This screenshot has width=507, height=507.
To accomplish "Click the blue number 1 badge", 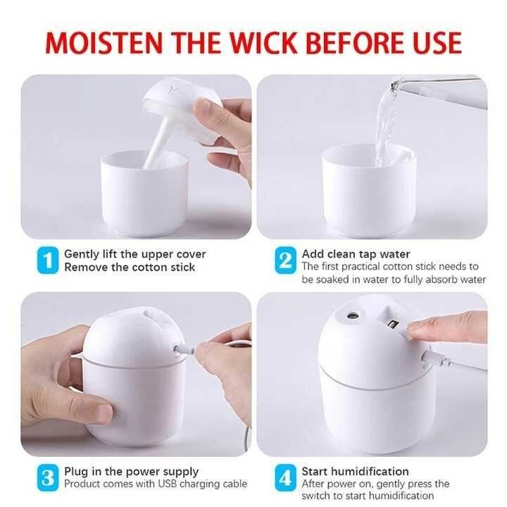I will (x=47, y=261).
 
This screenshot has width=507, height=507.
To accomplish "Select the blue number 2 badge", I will (x=285, y=261).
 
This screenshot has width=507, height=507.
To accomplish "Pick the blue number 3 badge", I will (x=47, y=479).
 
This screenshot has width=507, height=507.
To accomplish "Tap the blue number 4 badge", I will (x=285, y=479).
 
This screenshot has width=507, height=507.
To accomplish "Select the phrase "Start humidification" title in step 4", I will (x=356, y=471).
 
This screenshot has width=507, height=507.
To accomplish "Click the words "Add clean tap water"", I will (x=356, y=254).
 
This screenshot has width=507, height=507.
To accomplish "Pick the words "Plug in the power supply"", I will (x=132, y=471).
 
